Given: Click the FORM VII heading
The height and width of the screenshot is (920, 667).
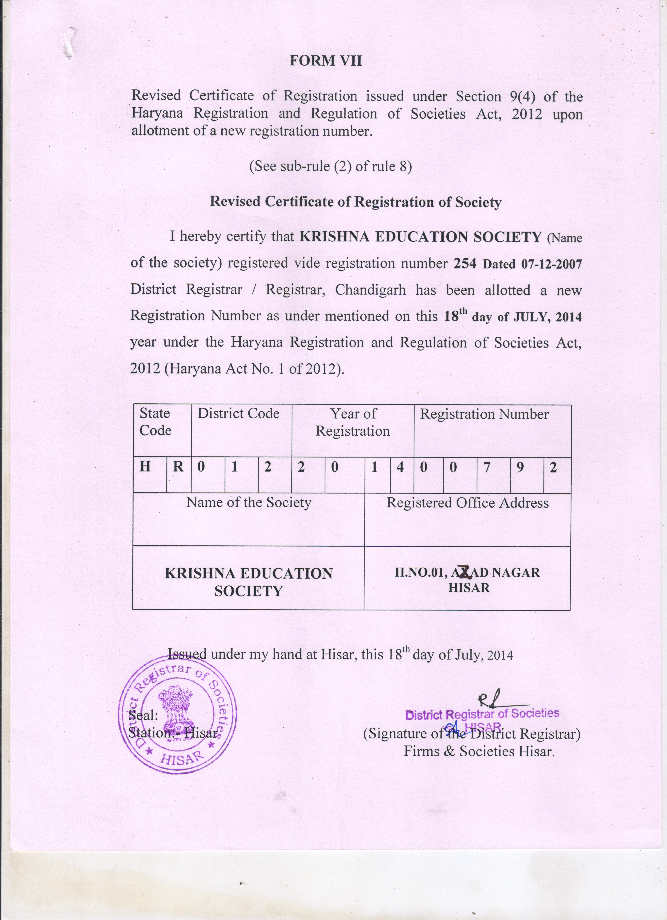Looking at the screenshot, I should [326, 61].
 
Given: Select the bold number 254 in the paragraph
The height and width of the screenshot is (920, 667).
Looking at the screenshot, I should [465, 264].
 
